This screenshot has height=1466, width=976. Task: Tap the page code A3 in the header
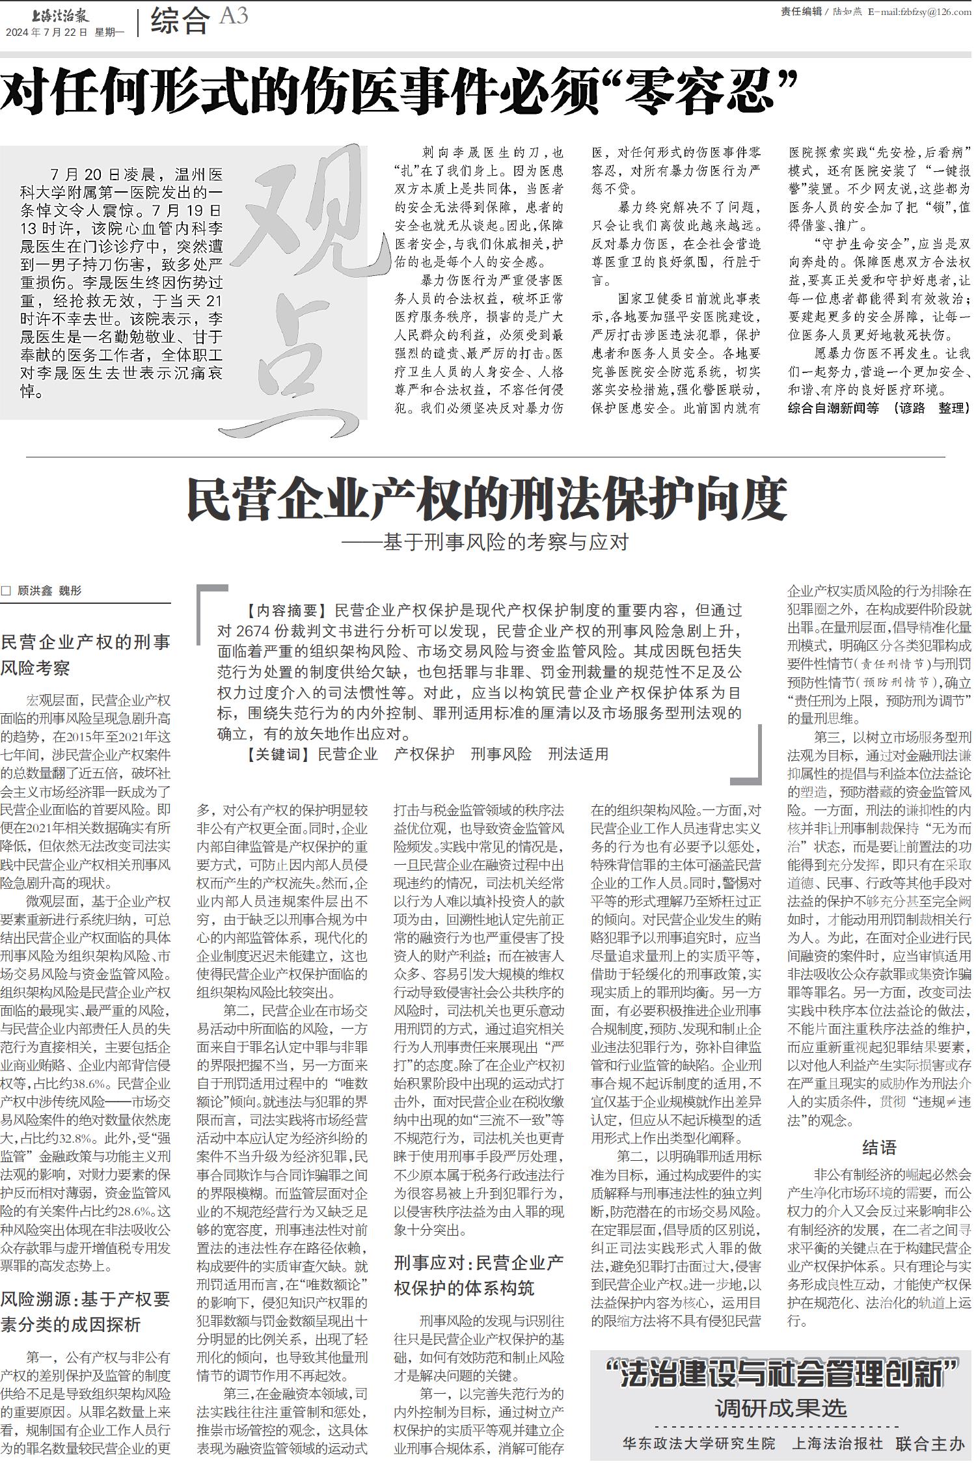234,17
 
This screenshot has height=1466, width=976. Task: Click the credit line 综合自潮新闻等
833,408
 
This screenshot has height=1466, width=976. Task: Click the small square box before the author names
7,591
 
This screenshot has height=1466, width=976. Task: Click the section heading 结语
879,1147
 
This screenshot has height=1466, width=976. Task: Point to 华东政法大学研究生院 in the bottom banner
699,1444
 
